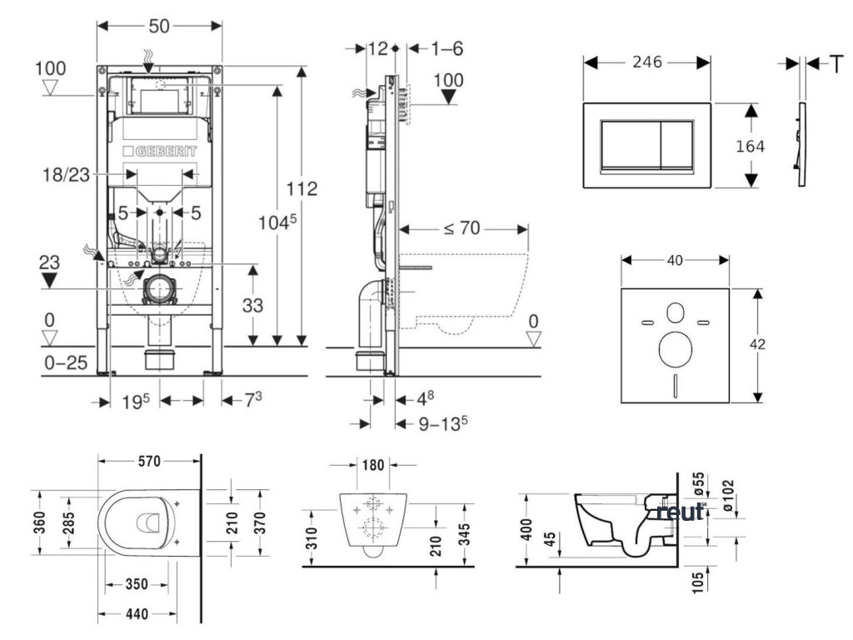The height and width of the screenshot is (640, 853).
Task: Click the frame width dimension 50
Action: (x=160, y=26)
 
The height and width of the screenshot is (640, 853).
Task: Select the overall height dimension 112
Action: (x=301, y=189)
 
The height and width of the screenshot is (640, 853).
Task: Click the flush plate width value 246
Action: (x=646, y=62)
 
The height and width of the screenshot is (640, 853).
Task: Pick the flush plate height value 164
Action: (x=750, y=146)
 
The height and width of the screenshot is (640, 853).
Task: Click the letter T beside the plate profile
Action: (x=836, y=63)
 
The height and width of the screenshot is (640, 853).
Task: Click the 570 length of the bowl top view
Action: (x=150, y=461)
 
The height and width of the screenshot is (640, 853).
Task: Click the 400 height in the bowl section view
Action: (x=526, y=531)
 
